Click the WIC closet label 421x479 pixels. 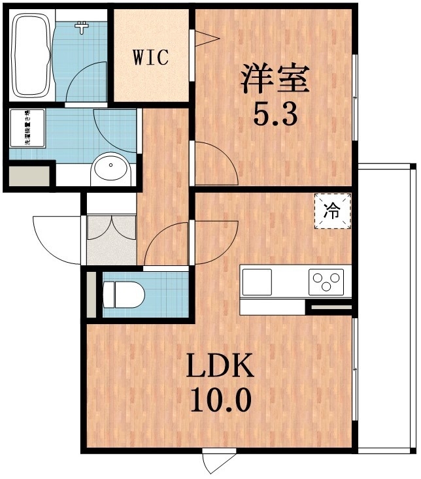pos(152,57)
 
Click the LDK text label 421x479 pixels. pos(220,368)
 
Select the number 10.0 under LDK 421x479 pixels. pos(220,400)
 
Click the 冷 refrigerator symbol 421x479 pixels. pos(333,211)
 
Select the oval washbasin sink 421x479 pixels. pos(112,169)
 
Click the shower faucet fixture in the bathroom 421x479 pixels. pos(82,27)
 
